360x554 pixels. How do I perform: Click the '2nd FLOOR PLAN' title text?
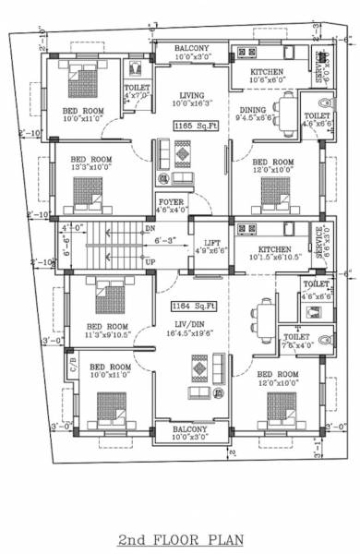tap(181, 538)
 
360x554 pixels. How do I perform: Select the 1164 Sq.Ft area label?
tap(191, 304)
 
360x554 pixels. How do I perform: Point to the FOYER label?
tap(171, 201)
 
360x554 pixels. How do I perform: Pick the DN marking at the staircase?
tap(150, 226)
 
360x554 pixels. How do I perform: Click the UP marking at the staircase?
tap(150, 262)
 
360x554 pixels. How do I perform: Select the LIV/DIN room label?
tap(191, 324)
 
